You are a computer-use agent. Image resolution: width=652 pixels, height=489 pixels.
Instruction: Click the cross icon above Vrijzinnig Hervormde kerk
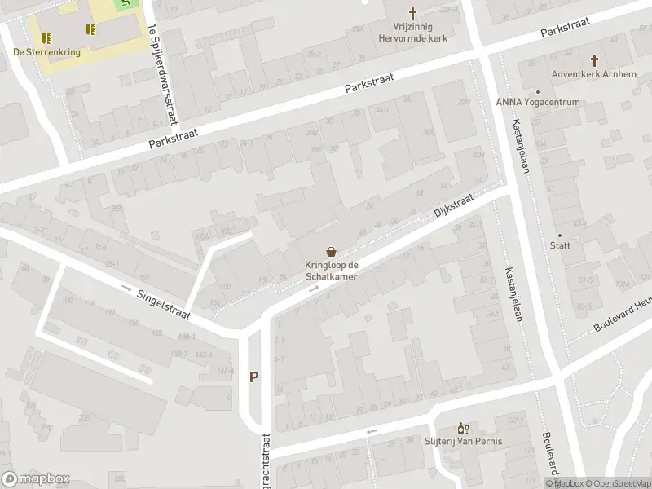[x=413, y=12]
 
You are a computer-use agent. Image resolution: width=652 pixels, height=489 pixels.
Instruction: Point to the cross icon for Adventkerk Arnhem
[x=594, y=60]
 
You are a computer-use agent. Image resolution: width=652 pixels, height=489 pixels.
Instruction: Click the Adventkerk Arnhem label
[x=593, y=73]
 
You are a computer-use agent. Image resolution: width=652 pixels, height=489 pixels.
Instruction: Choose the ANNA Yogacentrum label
[x=538, y=102]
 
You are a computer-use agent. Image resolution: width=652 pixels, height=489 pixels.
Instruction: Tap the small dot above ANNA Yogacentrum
[x=538, y=91]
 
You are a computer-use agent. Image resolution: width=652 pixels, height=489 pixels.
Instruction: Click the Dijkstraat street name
[x=454, y=209]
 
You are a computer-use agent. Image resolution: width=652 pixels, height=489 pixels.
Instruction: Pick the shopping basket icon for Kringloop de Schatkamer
[x=332, y=252]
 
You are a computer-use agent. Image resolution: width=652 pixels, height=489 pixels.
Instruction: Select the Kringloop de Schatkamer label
[x=332, y=271]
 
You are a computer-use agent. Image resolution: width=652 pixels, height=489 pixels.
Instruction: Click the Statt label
[x=560, y=245]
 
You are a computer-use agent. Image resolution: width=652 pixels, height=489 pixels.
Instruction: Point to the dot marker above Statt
[x=560, y=235]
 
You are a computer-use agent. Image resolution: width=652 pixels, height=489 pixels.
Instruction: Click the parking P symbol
[x=254, y=377]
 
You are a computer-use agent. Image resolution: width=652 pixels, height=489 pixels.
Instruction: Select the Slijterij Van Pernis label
[x=463, y=442]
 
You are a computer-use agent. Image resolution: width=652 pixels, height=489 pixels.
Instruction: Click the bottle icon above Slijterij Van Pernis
[x=462, y=428]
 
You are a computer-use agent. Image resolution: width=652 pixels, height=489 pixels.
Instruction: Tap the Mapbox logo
[x=35, y=479]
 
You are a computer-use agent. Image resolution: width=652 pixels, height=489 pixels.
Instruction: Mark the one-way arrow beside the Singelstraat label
[x=126, y=288]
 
